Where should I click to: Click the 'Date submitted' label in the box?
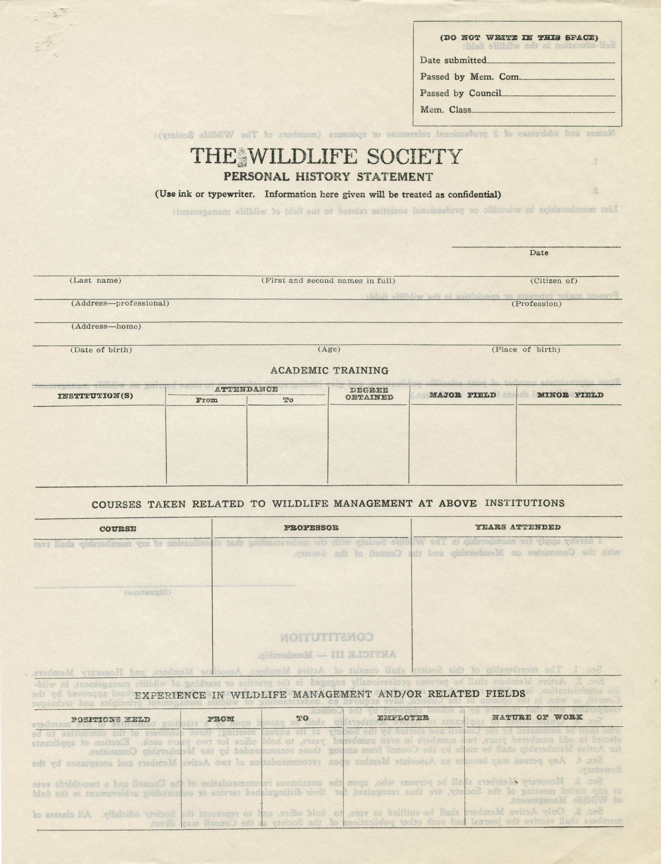click(x=453, y=60)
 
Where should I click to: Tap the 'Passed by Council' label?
click(x=460, y=93)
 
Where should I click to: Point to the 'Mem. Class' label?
click(x=445, y=110)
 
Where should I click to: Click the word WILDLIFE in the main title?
click(x=303, y=157)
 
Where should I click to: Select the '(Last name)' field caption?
click(x=96, y=281)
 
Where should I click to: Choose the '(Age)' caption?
click(x=329, y=349)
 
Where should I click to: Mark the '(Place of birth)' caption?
click(x=526, y=350)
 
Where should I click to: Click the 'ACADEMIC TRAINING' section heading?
click(x=329, y=370)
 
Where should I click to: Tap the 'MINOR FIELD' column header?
click(x=570, y=395)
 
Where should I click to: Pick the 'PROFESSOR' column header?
click(x=311, y=527)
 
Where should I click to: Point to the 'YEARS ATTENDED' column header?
click(x=517, y=527)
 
